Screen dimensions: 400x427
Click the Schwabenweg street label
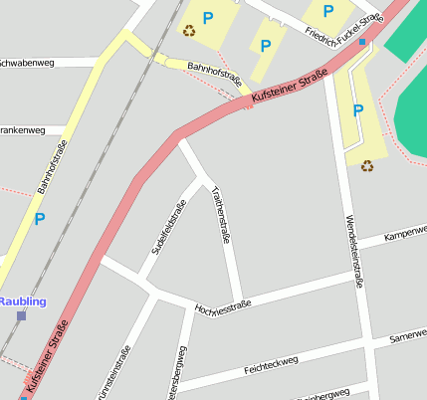coord(26,62)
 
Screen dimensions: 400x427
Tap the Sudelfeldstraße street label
coord(168,228)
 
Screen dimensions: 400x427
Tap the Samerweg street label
coord(408,337)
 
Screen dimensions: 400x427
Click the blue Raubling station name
coord(22,300)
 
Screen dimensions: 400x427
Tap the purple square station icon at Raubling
coord(21,315)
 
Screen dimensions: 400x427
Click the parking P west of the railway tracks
coord(40,219)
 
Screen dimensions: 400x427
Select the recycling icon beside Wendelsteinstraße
coord(366,165)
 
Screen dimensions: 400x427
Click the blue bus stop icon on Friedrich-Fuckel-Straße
coord(362,43)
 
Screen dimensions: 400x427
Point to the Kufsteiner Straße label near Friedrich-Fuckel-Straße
coord(290,90)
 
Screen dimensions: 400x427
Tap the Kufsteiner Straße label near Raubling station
coord(49,358)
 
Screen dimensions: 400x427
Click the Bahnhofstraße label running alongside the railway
coord(52,166)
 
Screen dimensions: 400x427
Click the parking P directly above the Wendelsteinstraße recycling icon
coord(358,110)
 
